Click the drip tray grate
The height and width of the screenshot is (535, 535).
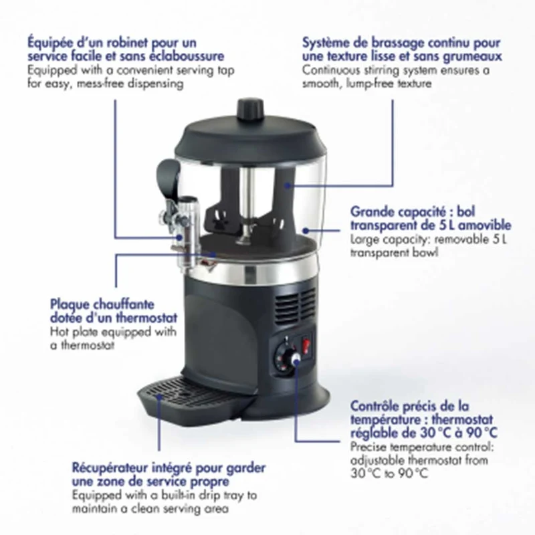pos(185,393)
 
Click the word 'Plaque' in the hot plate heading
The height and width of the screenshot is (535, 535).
pos(70,305)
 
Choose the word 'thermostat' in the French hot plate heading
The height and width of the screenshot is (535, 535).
pos(146,318)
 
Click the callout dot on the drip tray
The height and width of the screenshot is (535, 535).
pos(159,397)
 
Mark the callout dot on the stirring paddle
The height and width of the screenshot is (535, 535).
pos(288,185)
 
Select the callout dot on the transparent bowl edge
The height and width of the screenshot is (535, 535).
pos(306,231)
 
